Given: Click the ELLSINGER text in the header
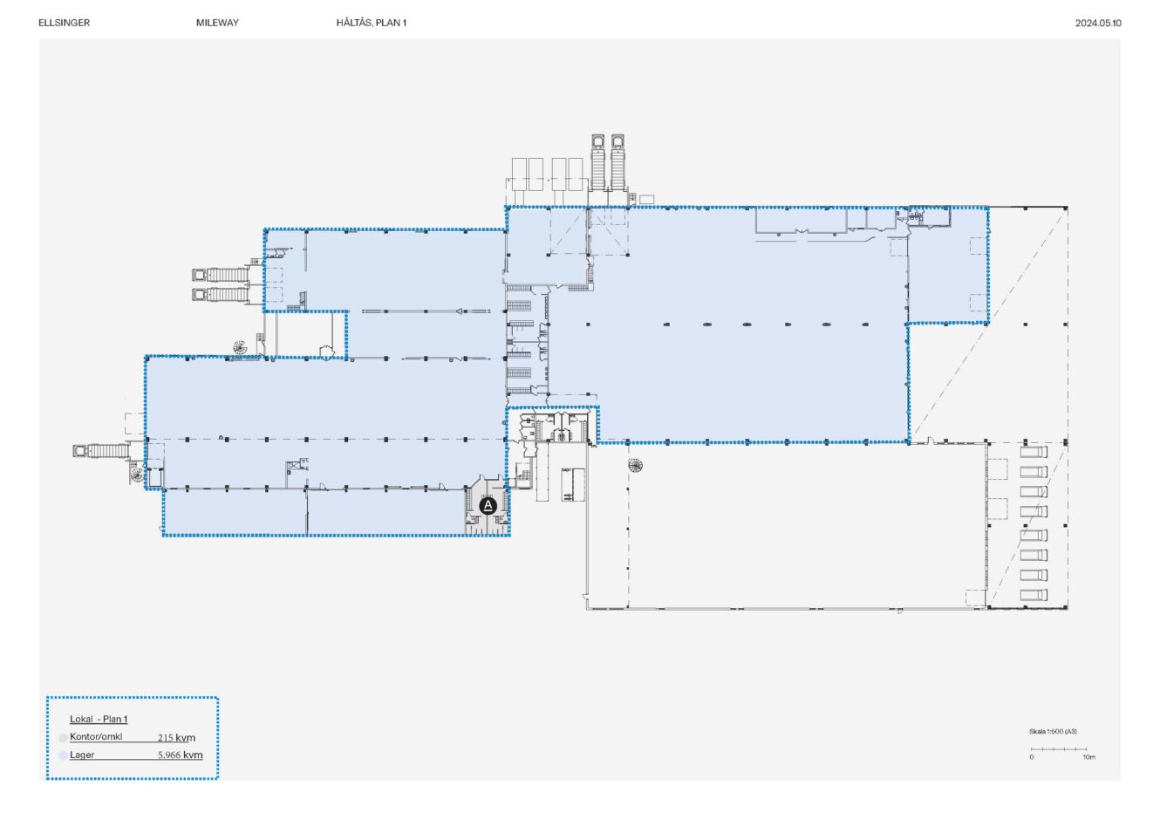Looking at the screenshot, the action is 65,23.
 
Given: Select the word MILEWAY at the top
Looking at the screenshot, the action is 217,23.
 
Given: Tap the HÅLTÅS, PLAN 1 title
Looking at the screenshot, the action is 372,23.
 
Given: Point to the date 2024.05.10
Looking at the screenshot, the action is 1098,23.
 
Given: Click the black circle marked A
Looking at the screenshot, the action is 488,506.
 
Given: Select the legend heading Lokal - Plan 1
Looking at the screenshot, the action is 99,719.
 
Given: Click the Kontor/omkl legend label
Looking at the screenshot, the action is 96,736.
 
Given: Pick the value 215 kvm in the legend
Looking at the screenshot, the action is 176,738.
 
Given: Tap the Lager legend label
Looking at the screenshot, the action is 82,755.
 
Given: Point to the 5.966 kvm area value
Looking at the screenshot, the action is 181,755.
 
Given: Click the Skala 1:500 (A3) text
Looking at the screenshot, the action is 1053,731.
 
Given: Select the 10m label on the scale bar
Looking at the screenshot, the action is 1088,757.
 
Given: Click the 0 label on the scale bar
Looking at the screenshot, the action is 1031,757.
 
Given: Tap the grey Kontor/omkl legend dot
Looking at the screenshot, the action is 63,738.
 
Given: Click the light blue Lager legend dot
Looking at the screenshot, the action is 63,755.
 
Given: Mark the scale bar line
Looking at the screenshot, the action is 1059,749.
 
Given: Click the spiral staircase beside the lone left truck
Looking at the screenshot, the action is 137,474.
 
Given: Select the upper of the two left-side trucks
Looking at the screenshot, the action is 221,275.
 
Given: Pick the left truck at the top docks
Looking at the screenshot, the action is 598,161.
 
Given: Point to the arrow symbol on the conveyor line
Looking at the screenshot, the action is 460,311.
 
